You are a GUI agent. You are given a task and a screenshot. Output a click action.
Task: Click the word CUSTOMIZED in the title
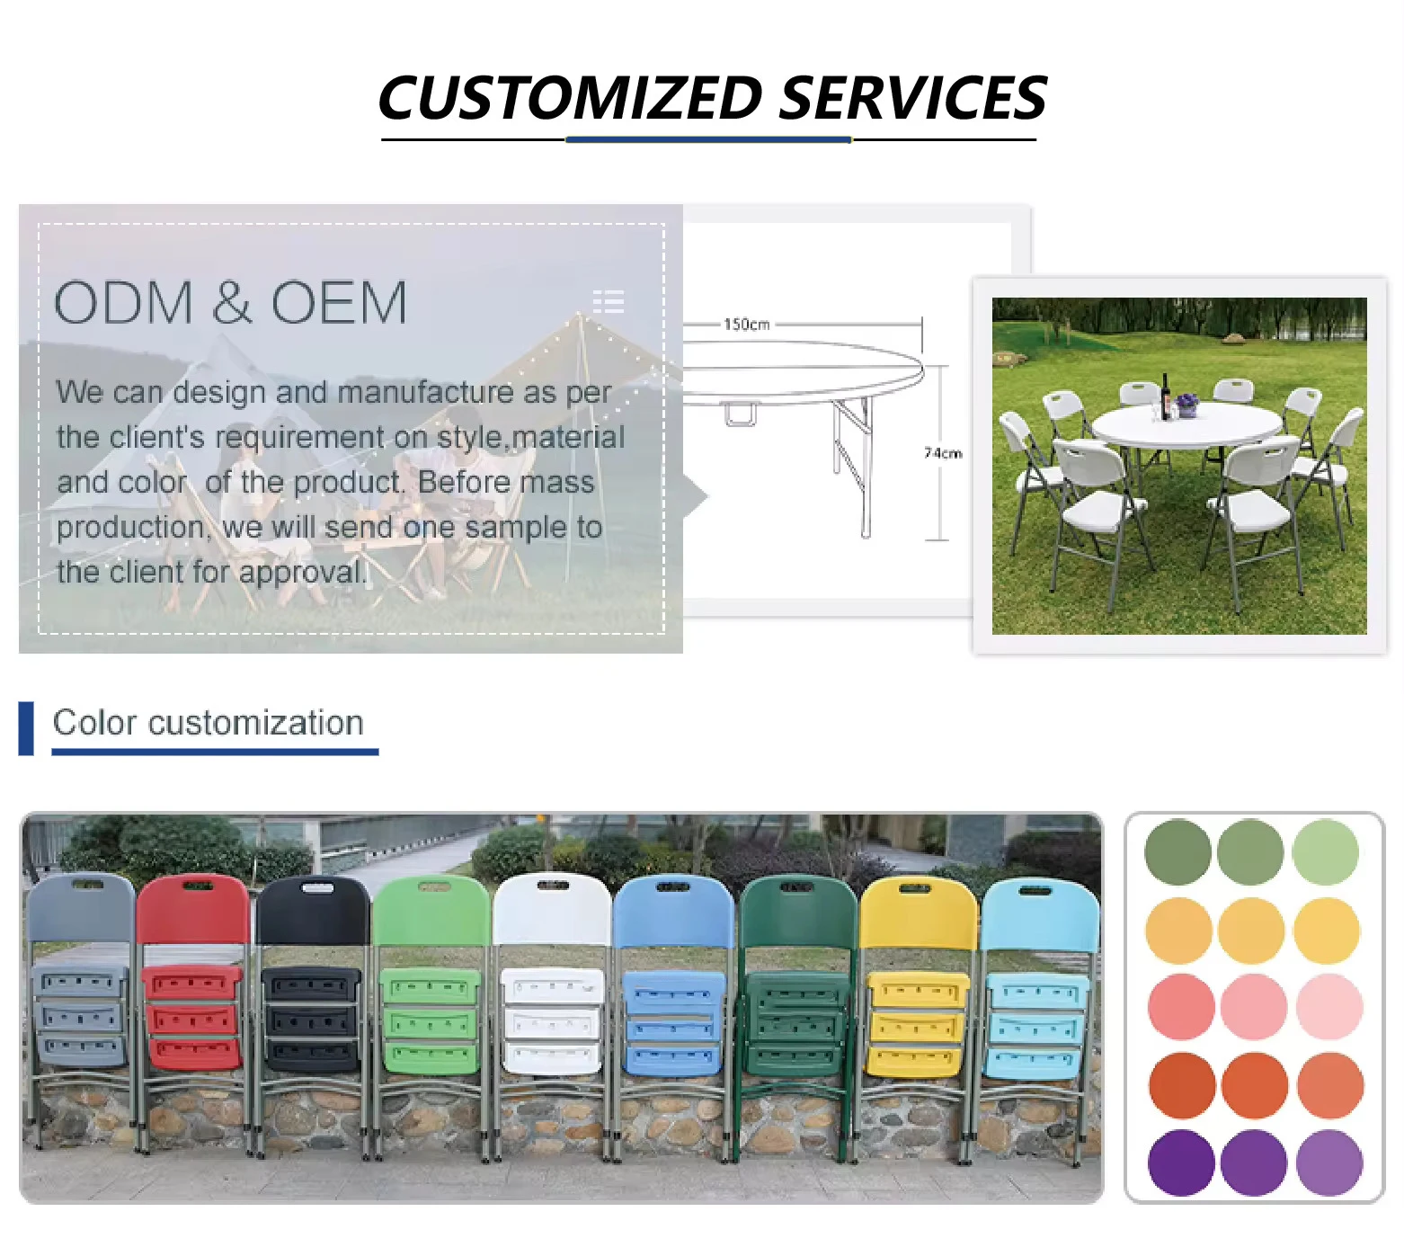point(571,98)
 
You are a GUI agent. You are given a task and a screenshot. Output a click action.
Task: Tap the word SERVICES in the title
point(913,98)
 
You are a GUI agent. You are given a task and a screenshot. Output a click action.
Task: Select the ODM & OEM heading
point(231,302)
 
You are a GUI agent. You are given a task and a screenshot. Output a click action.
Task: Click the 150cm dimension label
point(747,324)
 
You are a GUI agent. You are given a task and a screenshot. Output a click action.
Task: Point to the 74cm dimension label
point(943,452)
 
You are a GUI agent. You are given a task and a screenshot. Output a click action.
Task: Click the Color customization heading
point(209,723)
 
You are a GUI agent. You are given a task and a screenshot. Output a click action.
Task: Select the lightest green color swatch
point(1326,851)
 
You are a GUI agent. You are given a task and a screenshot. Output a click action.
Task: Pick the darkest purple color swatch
point(1181,1162)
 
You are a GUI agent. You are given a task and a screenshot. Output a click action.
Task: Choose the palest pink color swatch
point(1329,1007)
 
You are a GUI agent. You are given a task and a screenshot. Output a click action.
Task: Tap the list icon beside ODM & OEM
point(609,301)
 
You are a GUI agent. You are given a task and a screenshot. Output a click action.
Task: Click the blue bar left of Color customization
point(26,728)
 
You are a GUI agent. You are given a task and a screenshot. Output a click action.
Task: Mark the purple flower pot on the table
point(1187,406)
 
